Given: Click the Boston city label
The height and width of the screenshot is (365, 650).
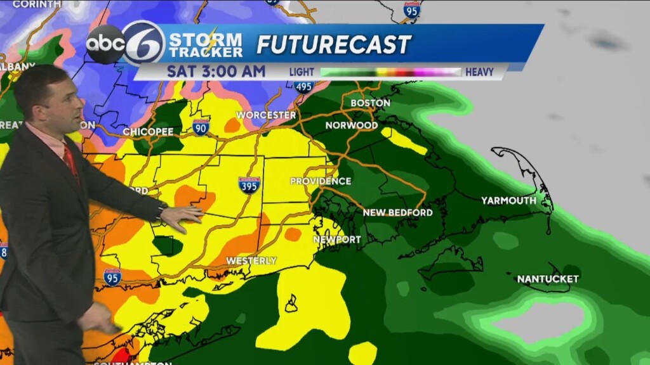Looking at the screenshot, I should [370, 103].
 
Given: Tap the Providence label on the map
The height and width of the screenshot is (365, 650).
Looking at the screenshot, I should [321, 181].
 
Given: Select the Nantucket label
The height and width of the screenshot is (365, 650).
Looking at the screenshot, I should [548, 279].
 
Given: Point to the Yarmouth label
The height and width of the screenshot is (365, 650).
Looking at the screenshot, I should [508, 200].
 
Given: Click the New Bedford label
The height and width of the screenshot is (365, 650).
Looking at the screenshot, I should [397, 212].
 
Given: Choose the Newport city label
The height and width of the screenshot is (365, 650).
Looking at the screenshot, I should [337, 240].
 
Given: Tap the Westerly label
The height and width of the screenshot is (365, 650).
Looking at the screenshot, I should [251, 260].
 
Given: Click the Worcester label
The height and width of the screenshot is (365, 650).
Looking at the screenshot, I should [266, 115].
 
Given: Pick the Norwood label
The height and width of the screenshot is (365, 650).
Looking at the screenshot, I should [352, 125].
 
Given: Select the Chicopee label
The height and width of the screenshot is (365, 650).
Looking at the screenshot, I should [148, 132].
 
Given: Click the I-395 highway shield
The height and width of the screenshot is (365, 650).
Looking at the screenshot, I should [249, 184].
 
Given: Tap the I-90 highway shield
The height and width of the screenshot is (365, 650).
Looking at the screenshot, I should [201, 127].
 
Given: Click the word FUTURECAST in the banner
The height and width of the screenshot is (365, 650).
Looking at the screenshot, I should [334, 44].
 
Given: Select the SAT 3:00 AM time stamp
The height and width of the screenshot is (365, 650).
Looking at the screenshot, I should [216, 71].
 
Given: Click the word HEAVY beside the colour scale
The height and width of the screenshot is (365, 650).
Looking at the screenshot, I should [479, 72].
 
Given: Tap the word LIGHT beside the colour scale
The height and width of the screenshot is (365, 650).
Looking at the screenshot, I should [302, 72].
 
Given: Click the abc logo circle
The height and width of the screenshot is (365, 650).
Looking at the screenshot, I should [105, 44].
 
